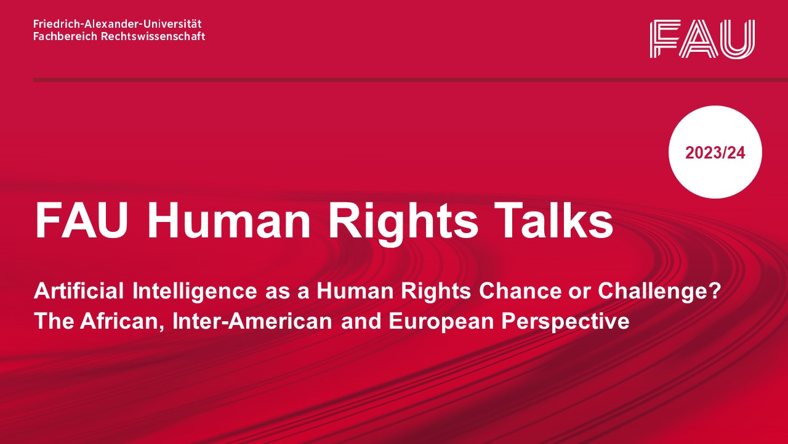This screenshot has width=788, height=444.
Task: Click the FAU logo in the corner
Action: click(702, 39)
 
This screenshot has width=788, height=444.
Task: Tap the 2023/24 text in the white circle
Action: click(715, 153)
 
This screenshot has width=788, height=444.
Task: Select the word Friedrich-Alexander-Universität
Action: click(118, 24)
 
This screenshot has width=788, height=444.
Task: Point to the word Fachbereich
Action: click(65, 36)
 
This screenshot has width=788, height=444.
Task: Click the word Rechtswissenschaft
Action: click(153, 36)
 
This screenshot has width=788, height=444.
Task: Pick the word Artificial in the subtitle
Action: click(79, 291)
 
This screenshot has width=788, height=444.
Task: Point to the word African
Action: click(122, 321)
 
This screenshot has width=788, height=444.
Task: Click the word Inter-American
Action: click(252, 321)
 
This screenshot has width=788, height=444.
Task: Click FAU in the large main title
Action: click(81, 220)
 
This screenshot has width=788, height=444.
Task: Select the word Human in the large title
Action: click(228, 220)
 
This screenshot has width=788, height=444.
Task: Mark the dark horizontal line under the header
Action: click(411, 80)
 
